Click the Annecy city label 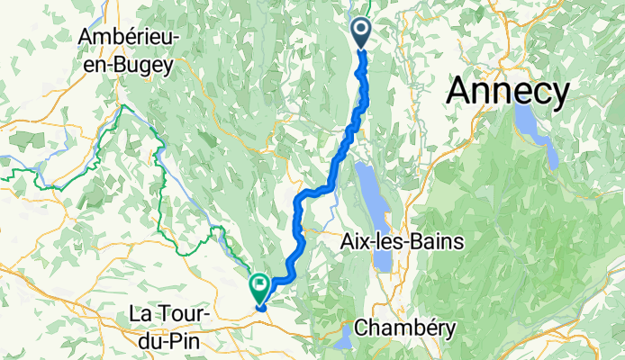click(x=509, y=91)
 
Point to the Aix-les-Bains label click(x=403, y=242)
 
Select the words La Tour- click(x=171, y=314)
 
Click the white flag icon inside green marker click(x=259, y=285)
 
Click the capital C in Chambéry click(x=362, y=328)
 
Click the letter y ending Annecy click(x=561, y=94)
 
